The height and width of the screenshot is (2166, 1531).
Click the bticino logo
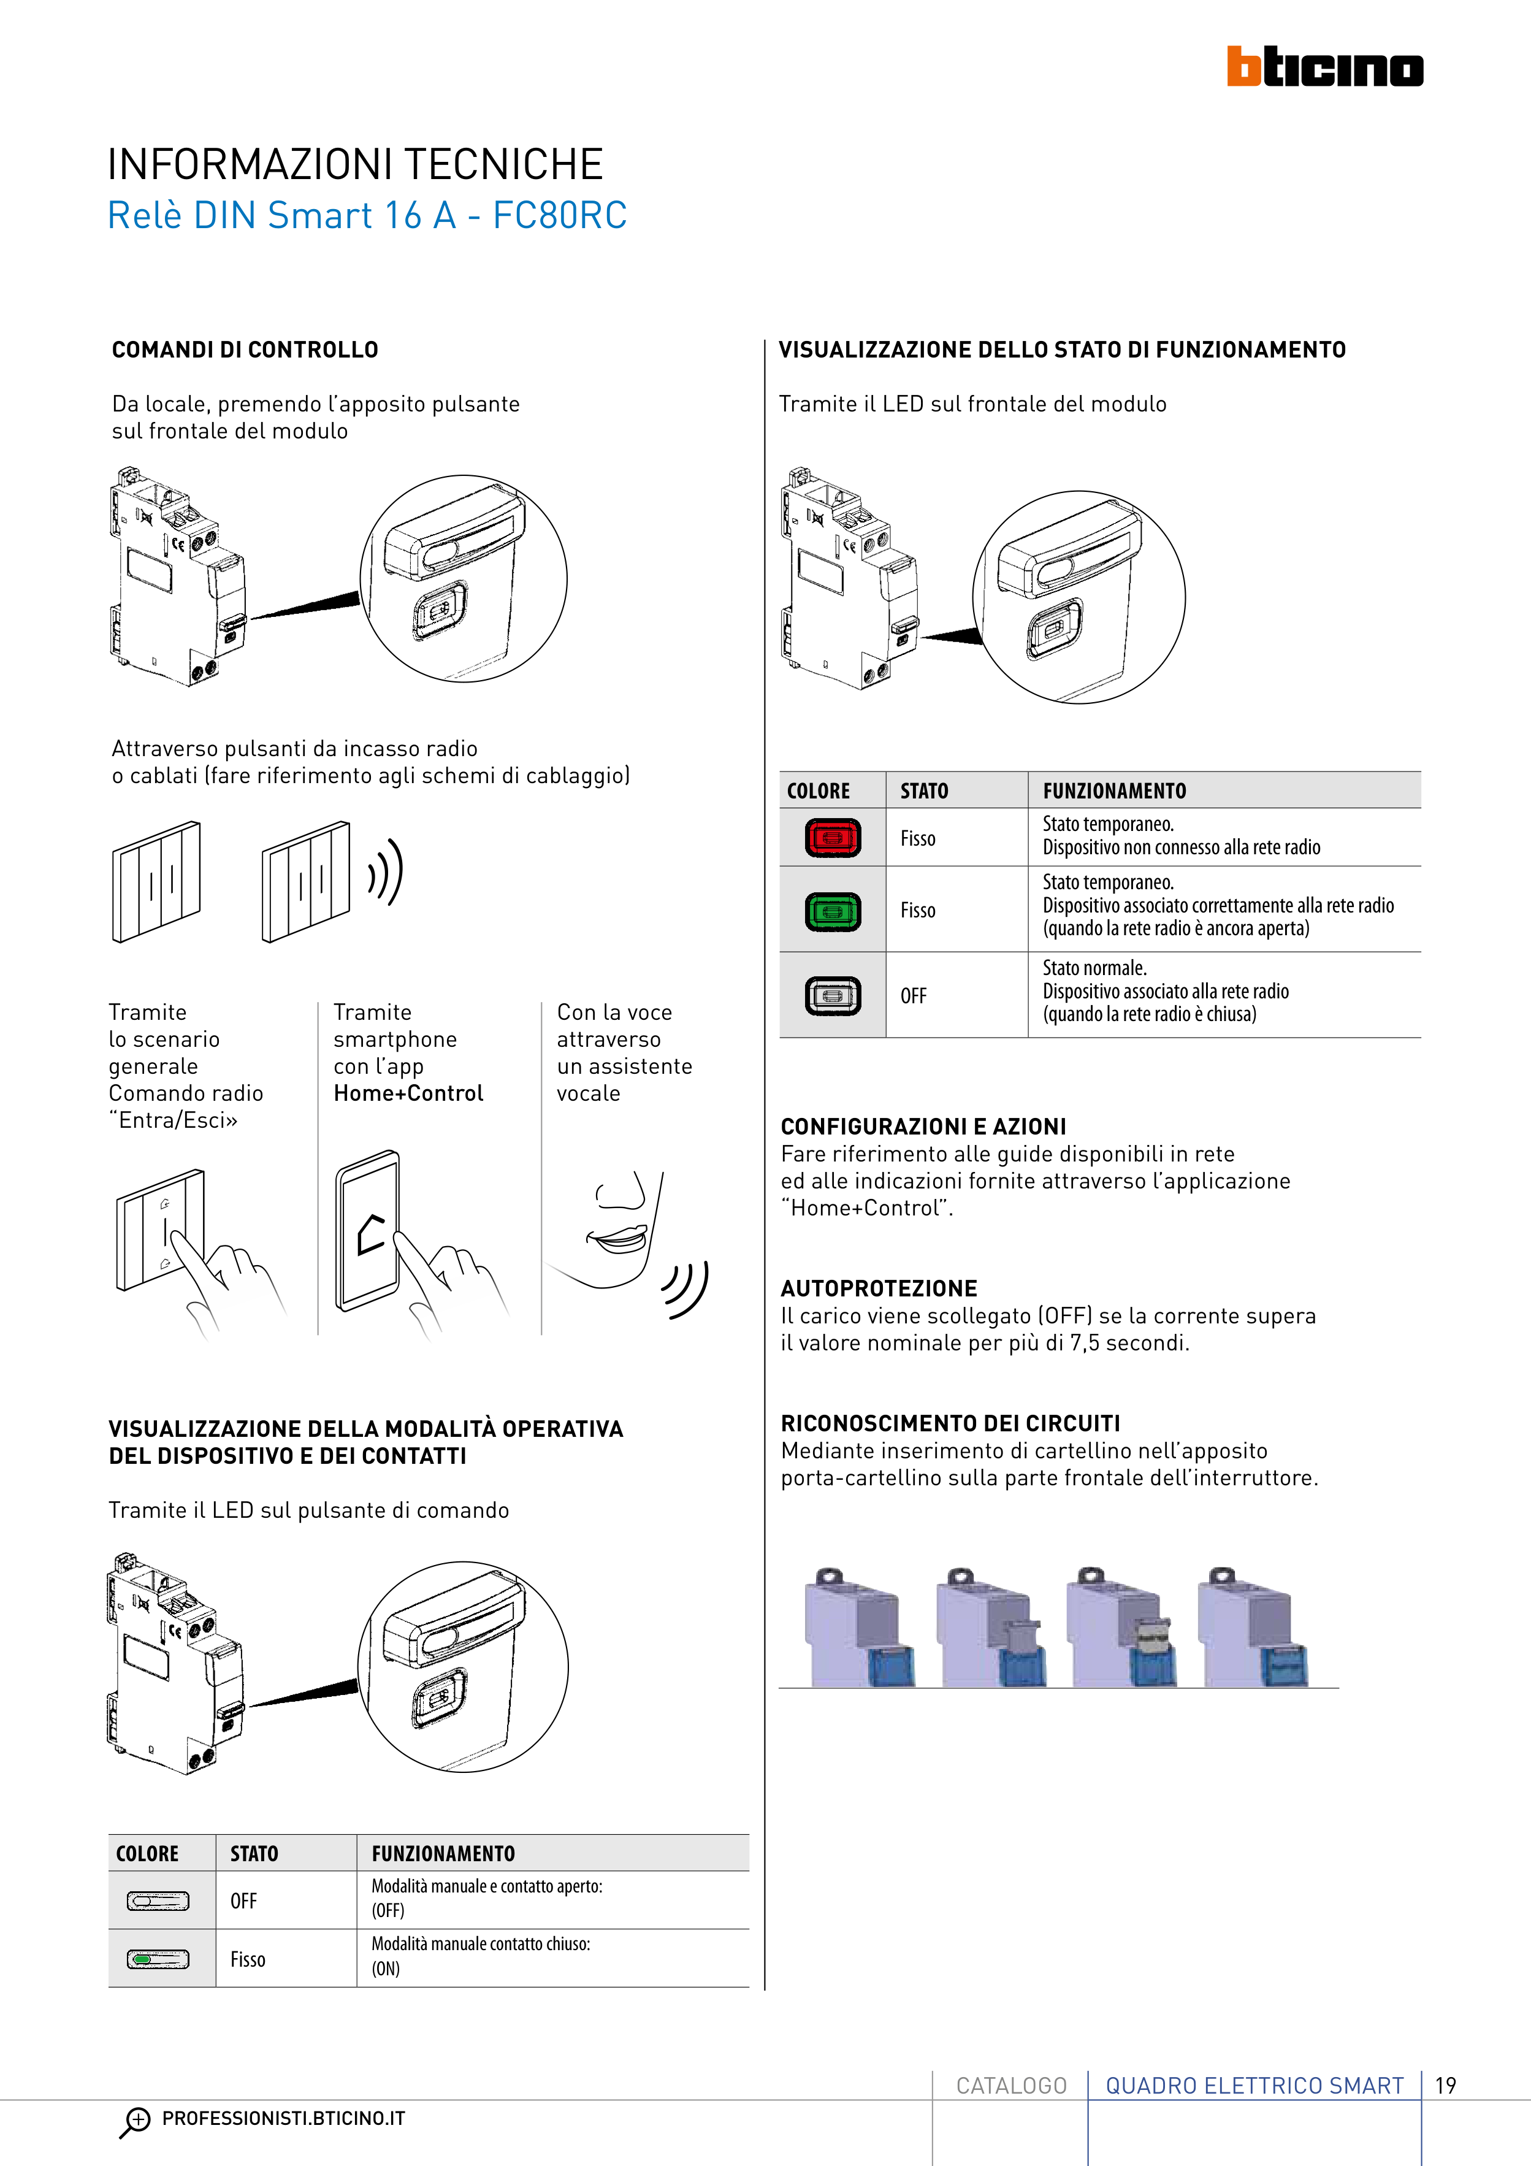(x=1324, y=67)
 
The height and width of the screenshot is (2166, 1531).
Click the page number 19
(x=1445, y=2085)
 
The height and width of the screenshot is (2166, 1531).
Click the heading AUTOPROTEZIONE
(x=878, y=1288)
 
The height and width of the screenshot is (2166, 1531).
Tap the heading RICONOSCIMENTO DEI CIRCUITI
(x=950, y=1423)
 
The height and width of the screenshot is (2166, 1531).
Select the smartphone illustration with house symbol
(x=369, y=1231)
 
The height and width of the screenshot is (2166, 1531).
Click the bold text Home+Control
(x=408, y=1093)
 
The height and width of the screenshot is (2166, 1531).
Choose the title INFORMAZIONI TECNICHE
(x=354, y=165)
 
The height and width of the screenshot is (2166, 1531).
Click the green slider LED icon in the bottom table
(x=158, y=1959)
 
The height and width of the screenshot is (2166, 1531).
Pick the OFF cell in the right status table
(x=913, y=996)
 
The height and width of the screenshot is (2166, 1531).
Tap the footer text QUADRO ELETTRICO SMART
(x=1254, y=2085)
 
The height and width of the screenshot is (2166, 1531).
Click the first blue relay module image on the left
(x=858, y=1630)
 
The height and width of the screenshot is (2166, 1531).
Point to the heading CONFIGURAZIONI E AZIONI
(x=923, y=1127)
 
